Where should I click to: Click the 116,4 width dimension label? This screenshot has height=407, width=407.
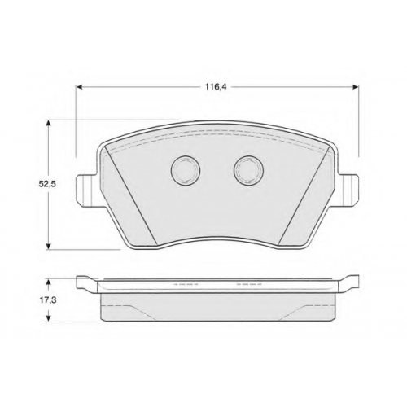point(216,87)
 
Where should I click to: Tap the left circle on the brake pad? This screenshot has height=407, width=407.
point(186,171)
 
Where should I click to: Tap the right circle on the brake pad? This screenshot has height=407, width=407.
point(249,171)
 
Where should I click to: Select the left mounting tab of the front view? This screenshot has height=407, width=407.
point(86,190)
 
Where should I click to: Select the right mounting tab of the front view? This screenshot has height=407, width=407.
point(348,190)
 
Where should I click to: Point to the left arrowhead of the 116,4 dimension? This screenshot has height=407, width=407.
point(79,87)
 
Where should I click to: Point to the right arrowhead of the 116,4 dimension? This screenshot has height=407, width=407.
point(356,87)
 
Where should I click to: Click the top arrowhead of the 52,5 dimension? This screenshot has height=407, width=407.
point(49,123)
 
